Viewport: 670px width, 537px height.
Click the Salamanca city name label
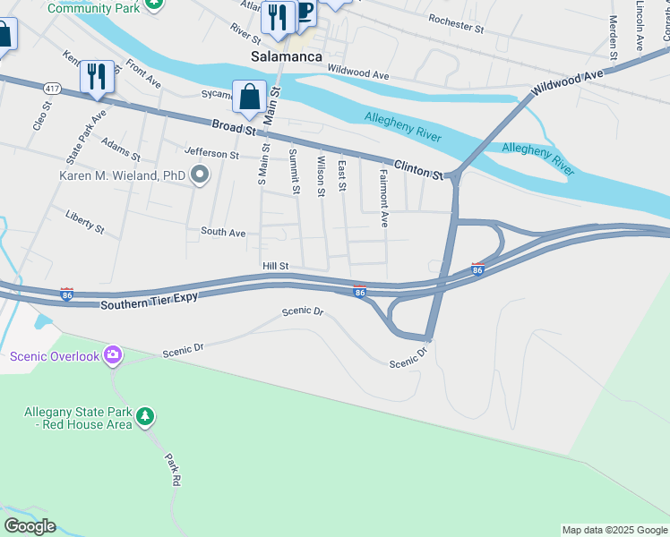click(x=286, y=56)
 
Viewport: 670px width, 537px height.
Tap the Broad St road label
click(x=234, y=128)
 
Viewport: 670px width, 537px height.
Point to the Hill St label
click(x=275, y=266)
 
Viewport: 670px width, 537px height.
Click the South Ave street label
click(x=223, y=233)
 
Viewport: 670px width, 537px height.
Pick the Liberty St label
click(x=85, y=221)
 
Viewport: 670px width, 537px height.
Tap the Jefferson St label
click(x=212, y=154)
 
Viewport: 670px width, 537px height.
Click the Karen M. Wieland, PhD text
click(x=122, y=175)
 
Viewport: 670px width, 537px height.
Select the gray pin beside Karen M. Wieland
click(x=200, y=175)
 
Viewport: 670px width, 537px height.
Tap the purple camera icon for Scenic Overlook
click(x=112, y=355)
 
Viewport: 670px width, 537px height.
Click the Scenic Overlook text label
click(x=54, y=356)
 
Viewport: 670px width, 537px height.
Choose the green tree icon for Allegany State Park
click(x=144, y=416)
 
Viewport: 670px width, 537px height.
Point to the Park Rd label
click(x=173, y=470)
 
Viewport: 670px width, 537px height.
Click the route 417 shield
click(x=52, y=88)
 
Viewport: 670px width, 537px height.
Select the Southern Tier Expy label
click(x=146, y=304)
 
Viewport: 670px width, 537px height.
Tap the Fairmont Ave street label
click(x=384, y=198)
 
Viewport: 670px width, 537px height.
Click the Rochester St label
click(x=456, y=22)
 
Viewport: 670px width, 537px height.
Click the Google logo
click(x=30, y=526)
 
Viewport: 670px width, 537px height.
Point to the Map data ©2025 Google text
click(x=614, y=530)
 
